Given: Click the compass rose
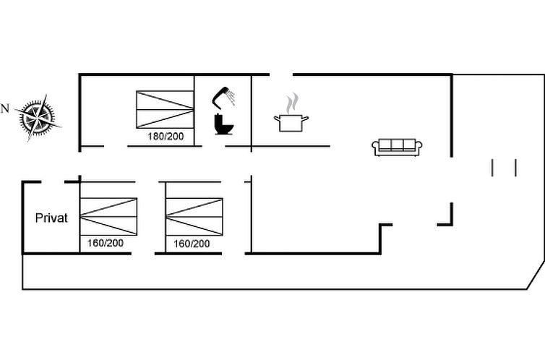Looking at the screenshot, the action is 37,118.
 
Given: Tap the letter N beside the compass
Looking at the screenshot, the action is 4,108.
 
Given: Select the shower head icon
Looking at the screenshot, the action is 223,96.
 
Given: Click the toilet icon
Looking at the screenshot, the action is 224,124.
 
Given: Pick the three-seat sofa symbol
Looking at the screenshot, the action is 397,147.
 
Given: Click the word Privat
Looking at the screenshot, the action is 51,218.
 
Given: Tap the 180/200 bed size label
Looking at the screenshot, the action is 166,136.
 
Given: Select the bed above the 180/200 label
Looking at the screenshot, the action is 165,110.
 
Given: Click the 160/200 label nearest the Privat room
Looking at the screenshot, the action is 106,243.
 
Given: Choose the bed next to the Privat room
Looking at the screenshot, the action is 108,216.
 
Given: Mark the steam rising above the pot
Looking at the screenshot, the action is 292,103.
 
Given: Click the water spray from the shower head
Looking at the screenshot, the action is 231,97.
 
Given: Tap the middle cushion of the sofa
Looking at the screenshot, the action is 397,145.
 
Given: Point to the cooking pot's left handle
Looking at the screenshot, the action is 277,119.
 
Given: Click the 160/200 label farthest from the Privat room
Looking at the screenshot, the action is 192,244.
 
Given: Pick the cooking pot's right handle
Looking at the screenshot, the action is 305,119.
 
